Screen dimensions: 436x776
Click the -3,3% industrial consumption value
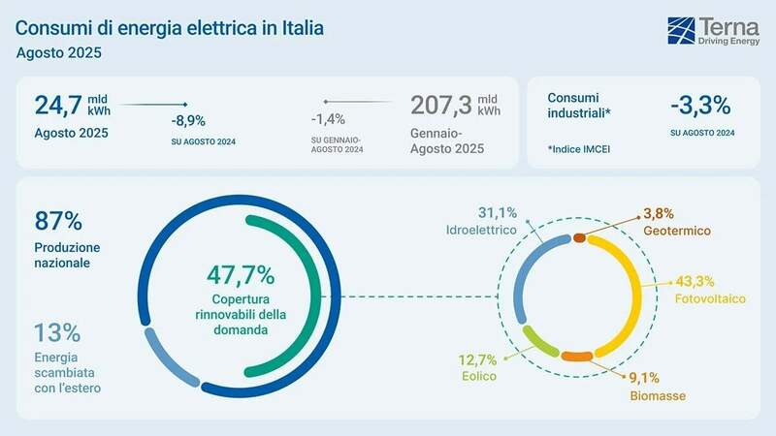[699, 106]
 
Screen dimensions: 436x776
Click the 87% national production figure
[58, 220]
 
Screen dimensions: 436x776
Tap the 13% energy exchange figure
[57, 332]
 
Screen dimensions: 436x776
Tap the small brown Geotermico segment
[580, 237]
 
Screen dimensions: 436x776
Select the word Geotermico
[676, 232]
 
